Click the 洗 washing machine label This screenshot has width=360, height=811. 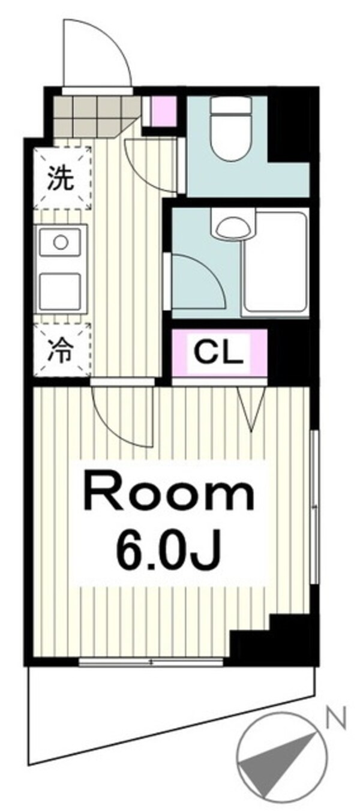point(61,179)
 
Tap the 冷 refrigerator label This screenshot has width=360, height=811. point(61,350)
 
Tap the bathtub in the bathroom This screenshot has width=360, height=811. point(276,265)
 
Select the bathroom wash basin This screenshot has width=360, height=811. point(232,227)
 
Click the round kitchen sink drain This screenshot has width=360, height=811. point(61,242)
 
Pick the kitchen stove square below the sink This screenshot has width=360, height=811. point(60,291)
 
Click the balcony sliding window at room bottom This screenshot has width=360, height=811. point(151,663)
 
